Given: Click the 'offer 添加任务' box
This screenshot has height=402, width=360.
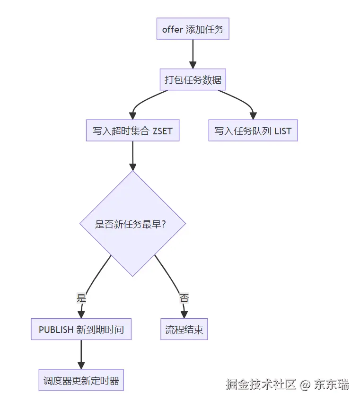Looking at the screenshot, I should [193, 29].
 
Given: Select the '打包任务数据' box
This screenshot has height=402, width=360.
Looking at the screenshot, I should [193, 80].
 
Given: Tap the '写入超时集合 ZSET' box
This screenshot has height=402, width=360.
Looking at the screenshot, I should [132, 131].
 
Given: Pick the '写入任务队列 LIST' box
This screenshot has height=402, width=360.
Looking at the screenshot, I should [253, 131].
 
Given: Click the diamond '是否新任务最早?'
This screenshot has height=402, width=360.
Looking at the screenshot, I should [132, 224].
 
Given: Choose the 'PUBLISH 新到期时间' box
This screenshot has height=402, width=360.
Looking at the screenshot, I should [81, 330].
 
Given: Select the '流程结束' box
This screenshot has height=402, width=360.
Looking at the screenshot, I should [184, 330].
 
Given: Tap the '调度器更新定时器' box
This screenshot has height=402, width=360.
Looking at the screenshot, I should [81, 380].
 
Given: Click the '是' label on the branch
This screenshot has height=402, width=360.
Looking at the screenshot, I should [81, 298].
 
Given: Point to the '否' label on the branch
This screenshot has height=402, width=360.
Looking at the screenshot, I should [184, 298].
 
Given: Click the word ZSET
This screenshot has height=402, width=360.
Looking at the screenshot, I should [163, 131].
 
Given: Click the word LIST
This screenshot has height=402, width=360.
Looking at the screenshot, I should [283, 131].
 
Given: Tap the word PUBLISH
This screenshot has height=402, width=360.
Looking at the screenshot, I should [56, 330].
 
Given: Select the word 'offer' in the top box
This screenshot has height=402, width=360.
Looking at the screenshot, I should [172, 29].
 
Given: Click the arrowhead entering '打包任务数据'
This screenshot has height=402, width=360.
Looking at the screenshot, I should [193, 65].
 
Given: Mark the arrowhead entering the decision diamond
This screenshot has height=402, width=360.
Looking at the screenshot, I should [132, 166].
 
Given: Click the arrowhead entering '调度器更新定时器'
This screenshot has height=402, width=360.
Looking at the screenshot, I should [81, 365].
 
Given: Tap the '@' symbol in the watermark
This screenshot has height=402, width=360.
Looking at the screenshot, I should [305, 385].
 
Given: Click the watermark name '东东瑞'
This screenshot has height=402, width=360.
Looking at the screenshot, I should [332, 384].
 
